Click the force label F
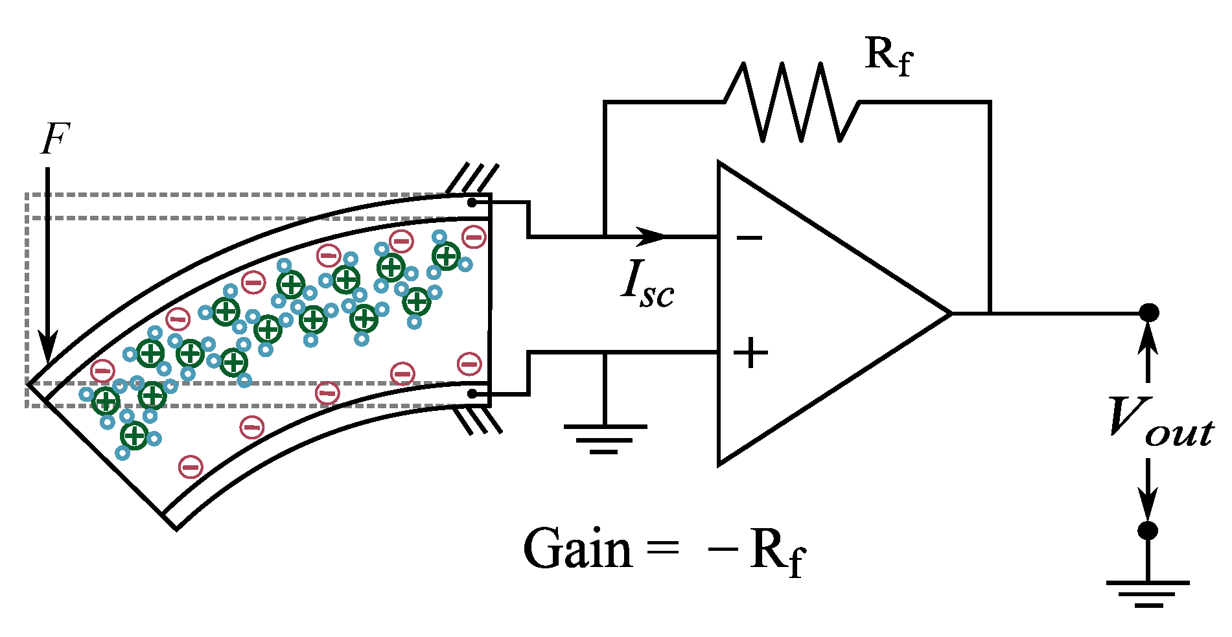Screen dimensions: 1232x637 (55, 139)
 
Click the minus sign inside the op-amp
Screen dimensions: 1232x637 (749, 238)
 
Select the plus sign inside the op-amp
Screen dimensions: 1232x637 (750, 353)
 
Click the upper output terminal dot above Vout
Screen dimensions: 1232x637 (1148, 313)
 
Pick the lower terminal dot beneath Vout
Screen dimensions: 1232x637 (1148, 531)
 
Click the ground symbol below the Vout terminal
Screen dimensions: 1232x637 (1148, 594)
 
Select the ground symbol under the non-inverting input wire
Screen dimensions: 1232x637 (605, 439)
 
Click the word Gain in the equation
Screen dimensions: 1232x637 (577, 548)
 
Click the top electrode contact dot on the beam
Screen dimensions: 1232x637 (472, 202)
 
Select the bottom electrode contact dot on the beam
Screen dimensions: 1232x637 (472, 393)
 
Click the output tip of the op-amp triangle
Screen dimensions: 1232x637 (951, 314)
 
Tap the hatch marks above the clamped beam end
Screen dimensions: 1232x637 (472, 178)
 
